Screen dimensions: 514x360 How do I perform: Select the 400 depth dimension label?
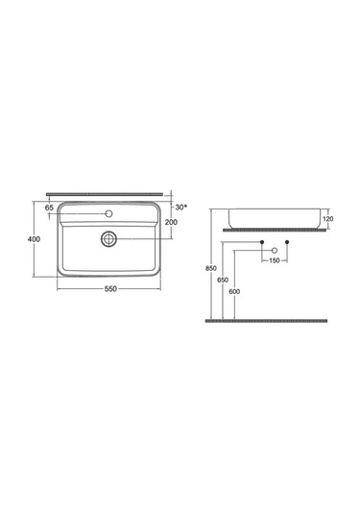[33, 240]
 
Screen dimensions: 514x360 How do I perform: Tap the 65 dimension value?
[49, 207]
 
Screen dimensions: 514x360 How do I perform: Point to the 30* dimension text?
[180, 207]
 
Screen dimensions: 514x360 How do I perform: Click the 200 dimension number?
[172, 223]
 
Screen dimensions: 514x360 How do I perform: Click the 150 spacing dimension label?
[274, 260]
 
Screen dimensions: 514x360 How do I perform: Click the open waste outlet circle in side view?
[275, 249]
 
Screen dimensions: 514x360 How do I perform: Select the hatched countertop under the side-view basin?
[274, 232]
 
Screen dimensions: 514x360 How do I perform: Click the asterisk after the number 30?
[184, 206]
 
